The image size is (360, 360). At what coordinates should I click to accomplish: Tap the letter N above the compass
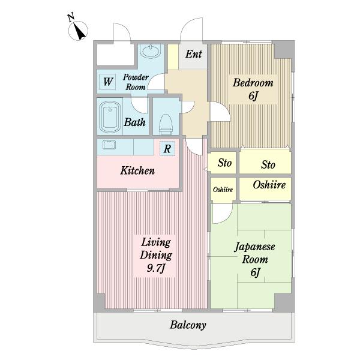point(71,17)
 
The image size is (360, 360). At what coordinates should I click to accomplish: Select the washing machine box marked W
point(108,82)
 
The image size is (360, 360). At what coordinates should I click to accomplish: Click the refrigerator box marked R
point(167,149)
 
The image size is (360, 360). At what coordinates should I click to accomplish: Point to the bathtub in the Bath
point(110,117)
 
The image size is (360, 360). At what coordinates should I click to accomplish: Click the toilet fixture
point(166,125)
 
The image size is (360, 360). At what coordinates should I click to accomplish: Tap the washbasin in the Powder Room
point(151,51)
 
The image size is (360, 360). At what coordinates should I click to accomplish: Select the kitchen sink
point(109,145)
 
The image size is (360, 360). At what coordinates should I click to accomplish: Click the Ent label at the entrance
point(194,54)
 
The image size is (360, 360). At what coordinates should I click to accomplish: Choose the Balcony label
point(188,325)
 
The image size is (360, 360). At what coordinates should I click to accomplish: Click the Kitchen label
point(137,170)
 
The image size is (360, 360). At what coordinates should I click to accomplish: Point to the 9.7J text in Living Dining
point(156,268)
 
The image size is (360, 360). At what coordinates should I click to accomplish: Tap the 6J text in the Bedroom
point(253,95)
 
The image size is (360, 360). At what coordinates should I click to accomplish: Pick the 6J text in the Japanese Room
point(255,272)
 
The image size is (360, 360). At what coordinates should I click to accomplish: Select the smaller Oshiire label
point(223,190)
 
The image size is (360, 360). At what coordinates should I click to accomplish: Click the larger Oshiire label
point(269,185)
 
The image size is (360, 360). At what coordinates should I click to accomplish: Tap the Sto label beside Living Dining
point(224,163)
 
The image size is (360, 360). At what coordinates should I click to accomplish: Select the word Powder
point(136,77)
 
